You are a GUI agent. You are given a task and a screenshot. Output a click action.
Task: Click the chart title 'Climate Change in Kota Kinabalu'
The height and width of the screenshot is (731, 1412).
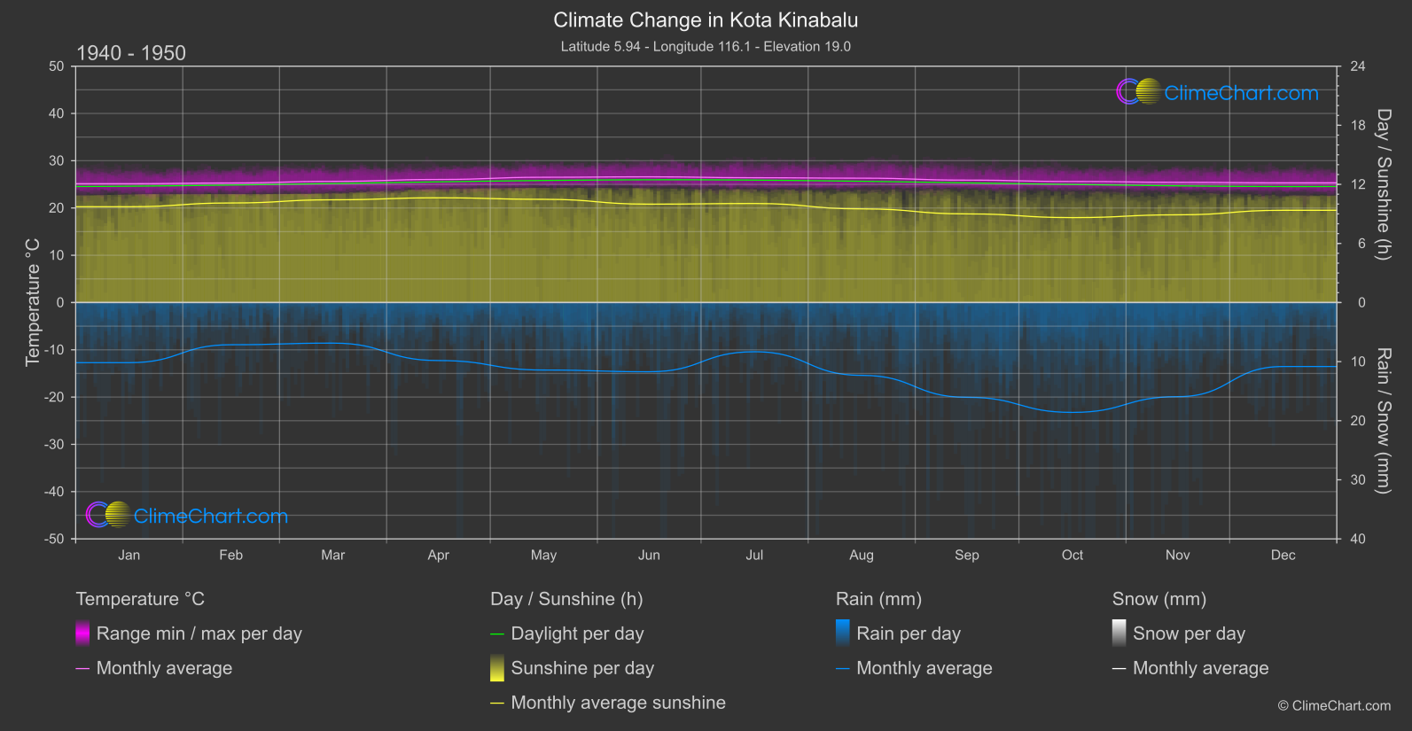pos(706,19)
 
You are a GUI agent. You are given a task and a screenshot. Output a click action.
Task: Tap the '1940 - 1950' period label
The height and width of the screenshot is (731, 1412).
pos(131,53)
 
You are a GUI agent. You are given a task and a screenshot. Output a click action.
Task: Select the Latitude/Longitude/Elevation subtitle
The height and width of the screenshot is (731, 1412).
pos(706,46)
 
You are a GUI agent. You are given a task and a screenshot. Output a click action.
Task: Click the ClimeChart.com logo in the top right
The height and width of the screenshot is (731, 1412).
pos(1217,92)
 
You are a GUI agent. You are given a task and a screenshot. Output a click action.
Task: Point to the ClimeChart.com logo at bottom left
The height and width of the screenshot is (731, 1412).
pos(187,516)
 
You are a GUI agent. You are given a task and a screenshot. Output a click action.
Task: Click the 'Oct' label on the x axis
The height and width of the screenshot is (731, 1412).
pos(1072,555)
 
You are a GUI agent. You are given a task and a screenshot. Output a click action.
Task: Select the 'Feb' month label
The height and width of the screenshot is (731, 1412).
pos(230,555)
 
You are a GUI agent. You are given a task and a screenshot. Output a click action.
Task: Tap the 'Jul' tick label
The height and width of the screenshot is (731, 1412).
pos(754,555)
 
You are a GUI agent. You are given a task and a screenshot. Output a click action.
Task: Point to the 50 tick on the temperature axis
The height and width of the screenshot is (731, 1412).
pos(57,66)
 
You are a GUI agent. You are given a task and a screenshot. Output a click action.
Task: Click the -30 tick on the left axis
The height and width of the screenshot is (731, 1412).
pos(55,444)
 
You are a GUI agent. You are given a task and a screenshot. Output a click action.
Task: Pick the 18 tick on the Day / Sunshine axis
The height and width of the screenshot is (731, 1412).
pos(1358,125)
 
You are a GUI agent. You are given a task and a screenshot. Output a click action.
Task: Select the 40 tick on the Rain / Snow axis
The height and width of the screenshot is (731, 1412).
pos(1358,539)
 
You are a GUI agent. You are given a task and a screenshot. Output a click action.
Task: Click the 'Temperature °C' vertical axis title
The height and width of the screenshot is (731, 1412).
pos(33,301)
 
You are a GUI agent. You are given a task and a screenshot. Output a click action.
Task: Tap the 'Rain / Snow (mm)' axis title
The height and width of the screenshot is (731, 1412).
pos(1383,420)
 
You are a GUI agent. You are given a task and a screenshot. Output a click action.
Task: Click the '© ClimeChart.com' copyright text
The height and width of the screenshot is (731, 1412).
pos(1334,705)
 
